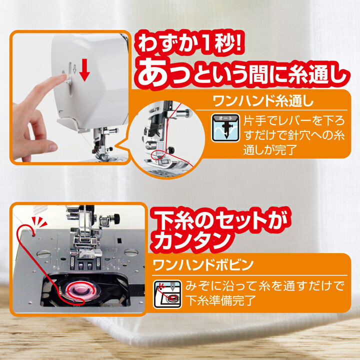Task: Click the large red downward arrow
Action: point(84,70)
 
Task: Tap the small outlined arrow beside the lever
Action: point(74,69)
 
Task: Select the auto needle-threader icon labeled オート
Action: point(225,127)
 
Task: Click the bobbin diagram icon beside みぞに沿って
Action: point(167,294)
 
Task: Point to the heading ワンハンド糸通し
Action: point(263,100)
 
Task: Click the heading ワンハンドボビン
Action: point(203,265)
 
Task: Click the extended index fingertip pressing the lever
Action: point(62,76)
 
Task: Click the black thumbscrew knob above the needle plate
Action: point(116,218)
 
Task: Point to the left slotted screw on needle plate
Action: point(43,254)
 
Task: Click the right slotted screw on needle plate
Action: point(131,252)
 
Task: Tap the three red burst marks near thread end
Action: point(39,221)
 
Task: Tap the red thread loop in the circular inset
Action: point(158,154)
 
